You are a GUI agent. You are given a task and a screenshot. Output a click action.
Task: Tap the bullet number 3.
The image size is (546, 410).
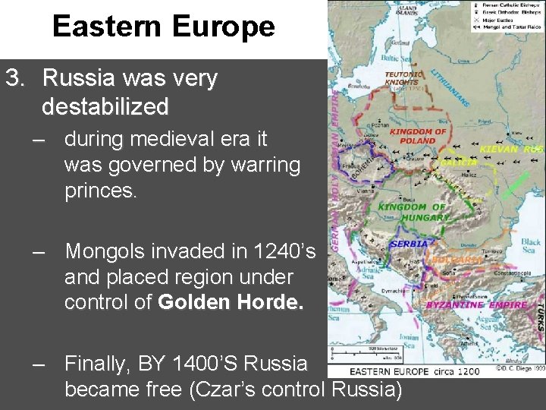click(15, 78)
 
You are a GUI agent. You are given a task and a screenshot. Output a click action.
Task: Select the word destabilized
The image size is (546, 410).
click(105, 107)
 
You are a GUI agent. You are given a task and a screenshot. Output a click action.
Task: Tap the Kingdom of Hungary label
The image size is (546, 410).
click(414, 212)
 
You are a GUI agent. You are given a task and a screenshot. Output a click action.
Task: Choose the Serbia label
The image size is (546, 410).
click(409, 244)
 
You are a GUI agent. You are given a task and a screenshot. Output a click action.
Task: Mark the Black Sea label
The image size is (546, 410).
click(530, 244)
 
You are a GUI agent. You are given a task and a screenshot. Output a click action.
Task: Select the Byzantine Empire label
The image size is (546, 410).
click(476, 305)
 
